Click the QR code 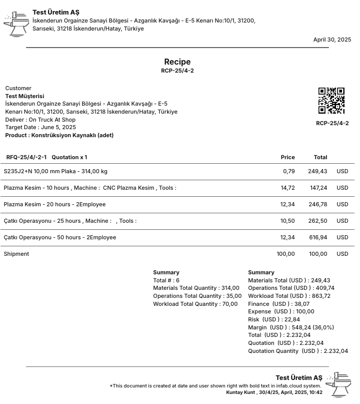point(331,101)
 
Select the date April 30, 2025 point(332,40)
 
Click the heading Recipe point(177,62)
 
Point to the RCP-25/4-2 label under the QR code point(332,123)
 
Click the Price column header point(287,157)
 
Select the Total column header point(320,157)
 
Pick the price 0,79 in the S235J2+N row point(288,171)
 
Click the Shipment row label point(16,254)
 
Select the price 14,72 point(287,188)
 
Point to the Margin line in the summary point(290,327)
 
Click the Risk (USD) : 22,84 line point(273,319)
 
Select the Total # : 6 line point(166,280)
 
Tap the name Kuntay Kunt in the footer point(240,392)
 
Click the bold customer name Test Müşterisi point(24,96)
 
